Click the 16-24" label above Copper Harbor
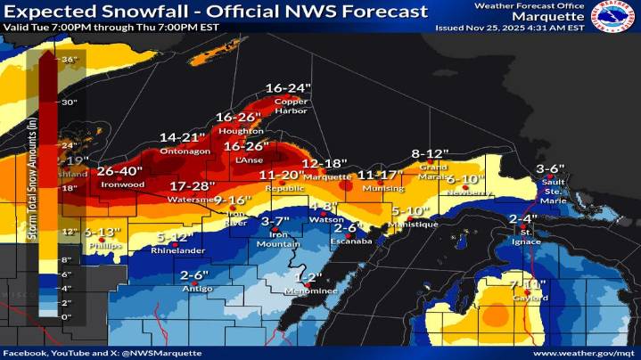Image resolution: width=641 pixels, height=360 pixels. pos(287,88)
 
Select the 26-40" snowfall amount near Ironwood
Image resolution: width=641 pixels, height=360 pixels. pos(119,171)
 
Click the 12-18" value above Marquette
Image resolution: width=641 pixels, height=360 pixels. pos(324,164)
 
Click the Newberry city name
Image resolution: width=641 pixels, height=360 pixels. pos(464,192)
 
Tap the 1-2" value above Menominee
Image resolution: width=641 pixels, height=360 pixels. pos(308,277)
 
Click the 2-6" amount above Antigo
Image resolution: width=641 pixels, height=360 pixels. pos(193,275)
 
